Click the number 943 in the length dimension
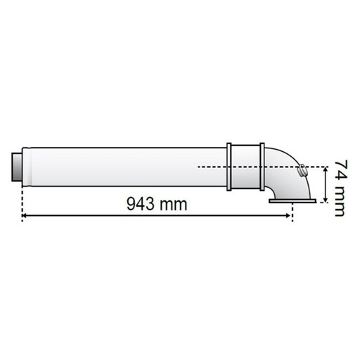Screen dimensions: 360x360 141,204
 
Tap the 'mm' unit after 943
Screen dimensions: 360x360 173,205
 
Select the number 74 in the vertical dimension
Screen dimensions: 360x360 340,170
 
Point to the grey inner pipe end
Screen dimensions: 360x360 17,167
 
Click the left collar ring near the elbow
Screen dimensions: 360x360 229,167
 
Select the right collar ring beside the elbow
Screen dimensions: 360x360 262,167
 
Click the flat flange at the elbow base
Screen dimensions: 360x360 292,201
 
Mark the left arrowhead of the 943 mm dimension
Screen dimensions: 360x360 24,215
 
